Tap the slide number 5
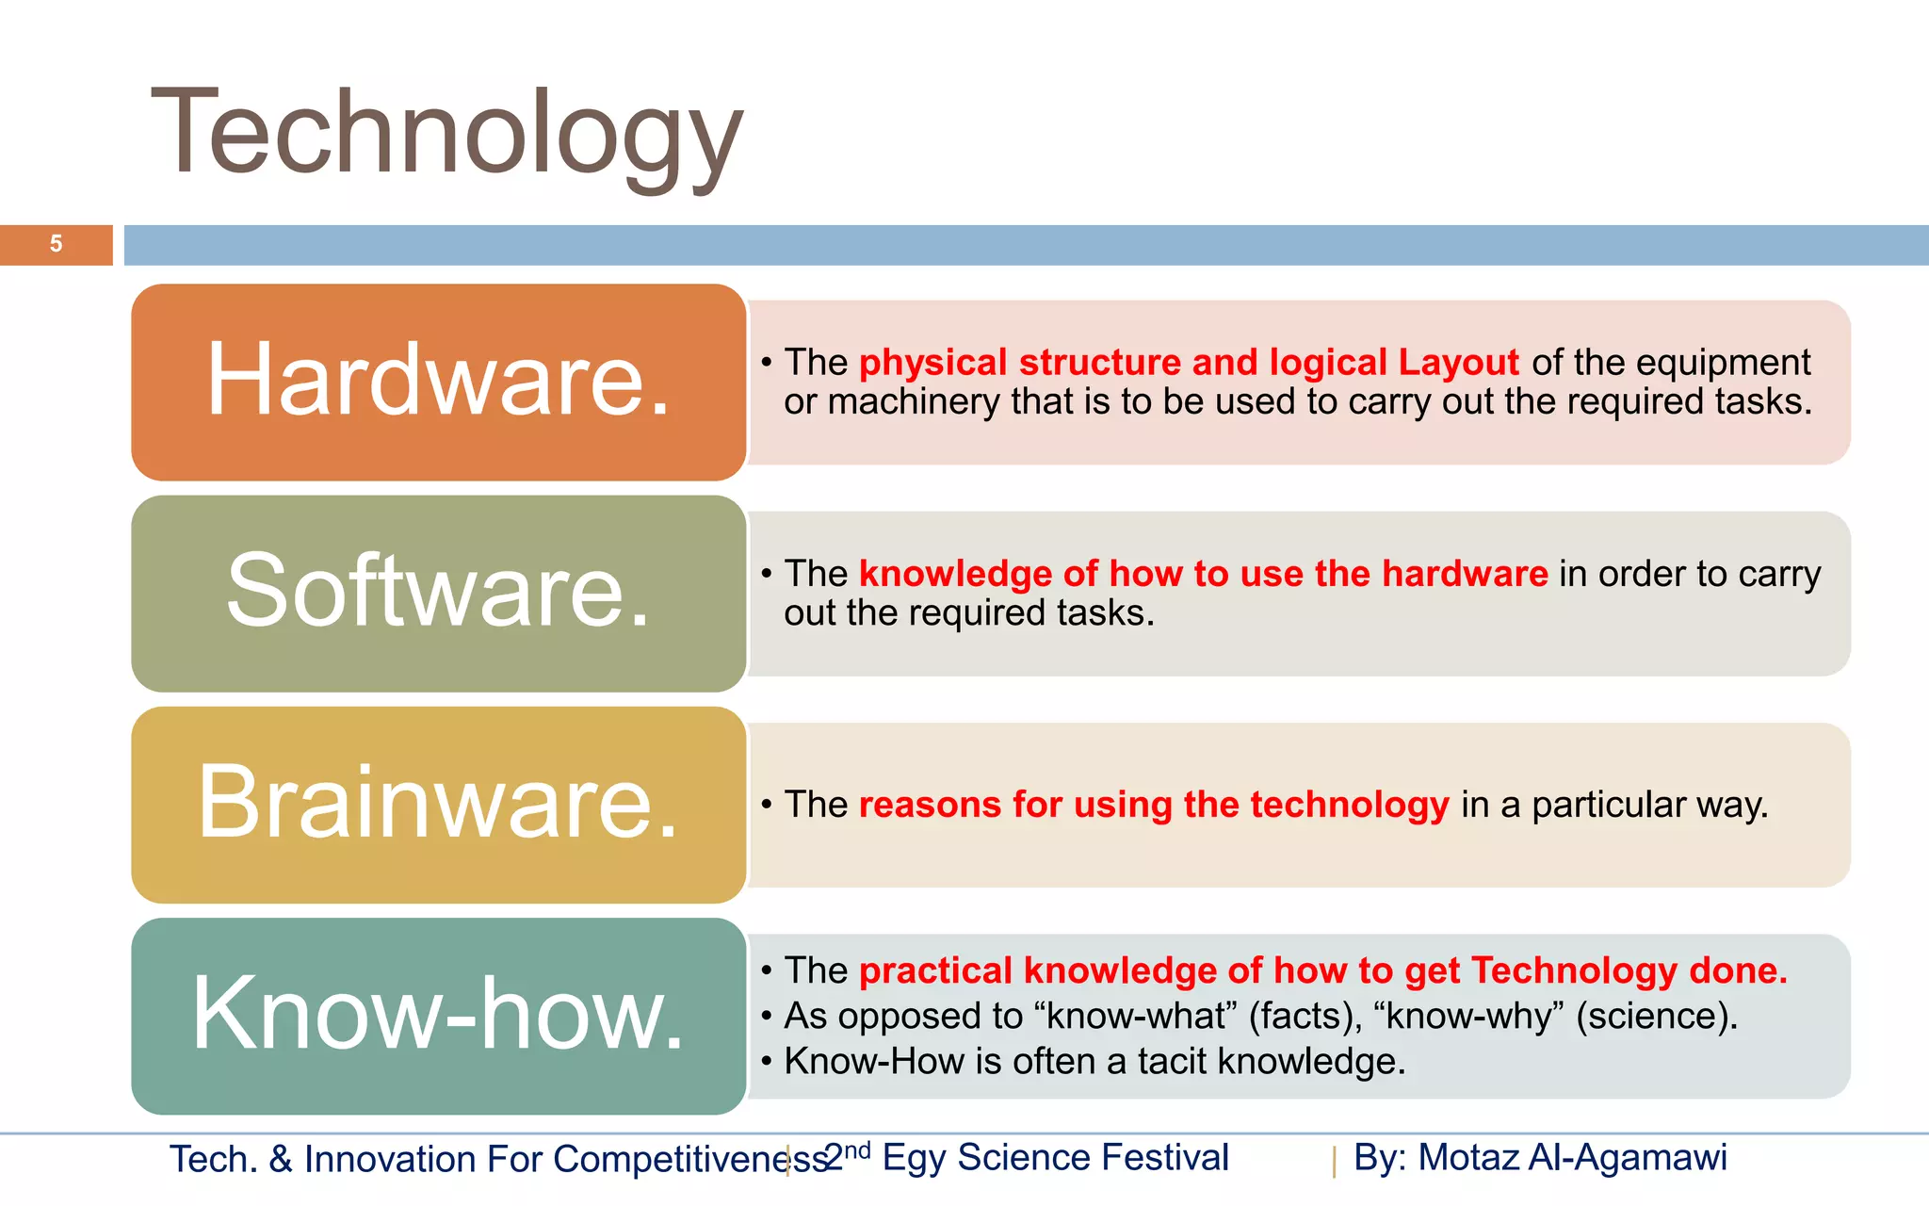[x=56, y=244]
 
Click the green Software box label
[x=438, y=591]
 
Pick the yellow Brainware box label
[x=438, y=802]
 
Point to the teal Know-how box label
[x=438, y=1014]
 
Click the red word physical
[x=932, y=363]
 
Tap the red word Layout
[x=1458, y=363]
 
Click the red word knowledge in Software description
[x=955, y=574]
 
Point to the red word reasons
[x=930, y=805]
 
